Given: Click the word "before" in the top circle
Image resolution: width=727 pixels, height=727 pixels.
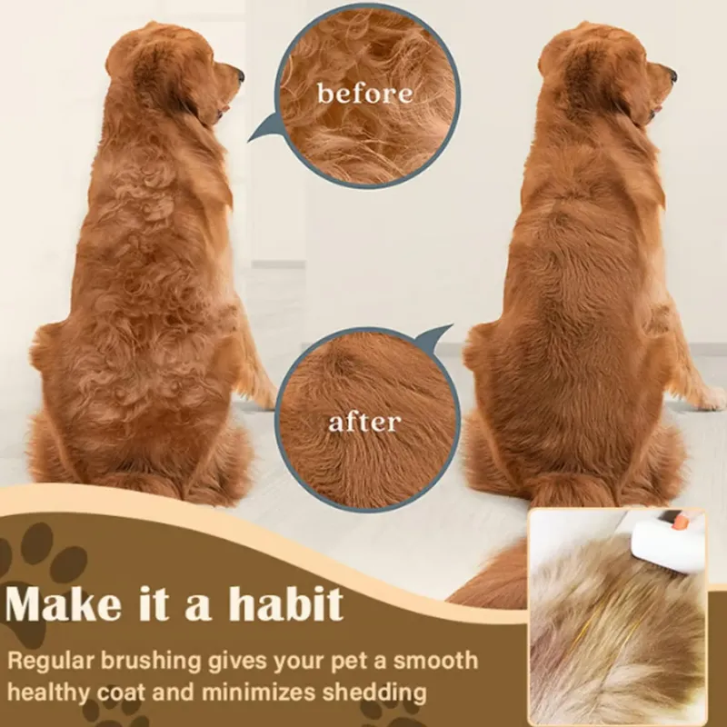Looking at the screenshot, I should [363, 93].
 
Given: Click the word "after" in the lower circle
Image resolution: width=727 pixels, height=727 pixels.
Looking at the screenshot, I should [363, 422].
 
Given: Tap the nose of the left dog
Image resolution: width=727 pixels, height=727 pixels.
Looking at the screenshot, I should [239, 74].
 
